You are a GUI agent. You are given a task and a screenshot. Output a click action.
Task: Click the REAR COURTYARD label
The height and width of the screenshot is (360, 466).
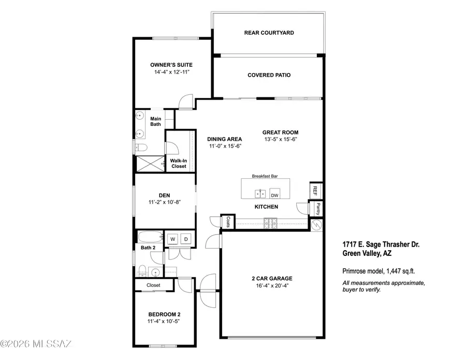[x=269, y=33]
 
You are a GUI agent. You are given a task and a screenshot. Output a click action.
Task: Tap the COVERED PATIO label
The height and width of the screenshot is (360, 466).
[x=269, y=75]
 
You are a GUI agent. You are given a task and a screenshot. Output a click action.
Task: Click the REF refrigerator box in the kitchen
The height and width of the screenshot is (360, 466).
[x=315, y=190]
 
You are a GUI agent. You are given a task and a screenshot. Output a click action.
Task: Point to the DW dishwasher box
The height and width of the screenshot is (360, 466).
[x=274, y=195]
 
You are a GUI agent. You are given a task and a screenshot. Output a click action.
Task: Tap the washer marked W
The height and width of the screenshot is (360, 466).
[x=172, y=238]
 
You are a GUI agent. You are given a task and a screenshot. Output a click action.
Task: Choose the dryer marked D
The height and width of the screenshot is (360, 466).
[x=186, y=238]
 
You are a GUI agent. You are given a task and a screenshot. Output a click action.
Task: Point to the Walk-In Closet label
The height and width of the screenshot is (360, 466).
[x=178, y=163]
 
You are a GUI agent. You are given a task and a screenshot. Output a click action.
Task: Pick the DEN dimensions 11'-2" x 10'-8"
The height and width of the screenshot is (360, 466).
[x=165, y=203]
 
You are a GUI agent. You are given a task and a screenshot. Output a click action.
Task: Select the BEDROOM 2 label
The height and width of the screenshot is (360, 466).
[x=164, y=314]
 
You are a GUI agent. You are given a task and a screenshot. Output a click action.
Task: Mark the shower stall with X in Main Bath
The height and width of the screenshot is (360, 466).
[x=148, y=164]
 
